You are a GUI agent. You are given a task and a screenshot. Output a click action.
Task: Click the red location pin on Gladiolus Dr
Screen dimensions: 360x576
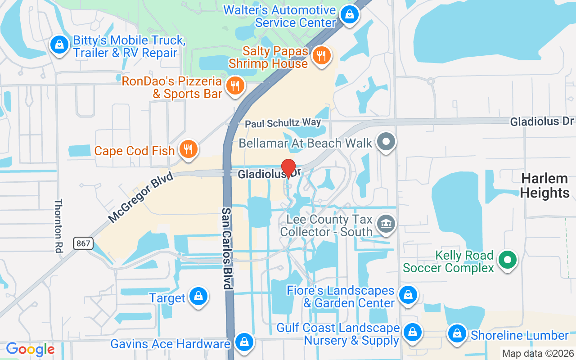click(288, 168)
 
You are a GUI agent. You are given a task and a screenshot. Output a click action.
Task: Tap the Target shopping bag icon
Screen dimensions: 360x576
click(198, 296)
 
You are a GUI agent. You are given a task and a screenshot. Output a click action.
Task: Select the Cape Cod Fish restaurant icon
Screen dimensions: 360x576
click(189, 148)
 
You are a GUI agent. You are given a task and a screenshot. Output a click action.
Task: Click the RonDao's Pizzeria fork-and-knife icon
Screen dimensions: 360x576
click(234, 85)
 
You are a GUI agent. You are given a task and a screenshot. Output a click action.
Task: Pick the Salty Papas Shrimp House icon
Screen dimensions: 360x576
click(321, 56)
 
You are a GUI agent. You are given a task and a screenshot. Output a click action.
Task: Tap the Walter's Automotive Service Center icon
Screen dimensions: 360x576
click(349, 15)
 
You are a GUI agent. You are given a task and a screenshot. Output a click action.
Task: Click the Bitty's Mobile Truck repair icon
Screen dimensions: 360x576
click(59, 45)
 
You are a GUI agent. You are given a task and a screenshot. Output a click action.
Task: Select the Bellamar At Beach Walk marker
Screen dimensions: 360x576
click(386, 142)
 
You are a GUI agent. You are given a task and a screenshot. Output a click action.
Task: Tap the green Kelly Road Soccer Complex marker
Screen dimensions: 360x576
click(508, 260)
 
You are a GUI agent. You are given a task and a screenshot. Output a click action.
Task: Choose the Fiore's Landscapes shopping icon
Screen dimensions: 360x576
click(408, 295)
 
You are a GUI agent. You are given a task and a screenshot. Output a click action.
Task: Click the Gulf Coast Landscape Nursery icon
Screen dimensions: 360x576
click(412, 333)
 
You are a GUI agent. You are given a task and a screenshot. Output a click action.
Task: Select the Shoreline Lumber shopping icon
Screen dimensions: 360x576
click(457, 334)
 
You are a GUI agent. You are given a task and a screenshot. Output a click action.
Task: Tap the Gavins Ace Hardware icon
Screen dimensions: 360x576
click(244, 342)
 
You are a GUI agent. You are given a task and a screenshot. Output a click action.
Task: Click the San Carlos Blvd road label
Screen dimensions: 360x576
click(227, 248)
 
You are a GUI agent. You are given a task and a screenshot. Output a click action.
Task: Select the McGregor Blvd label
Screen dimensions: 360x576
click(140, 198)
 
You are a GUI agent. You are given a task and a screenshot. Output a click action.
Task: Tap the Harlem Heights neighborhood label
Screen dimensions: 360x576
click(544, 186)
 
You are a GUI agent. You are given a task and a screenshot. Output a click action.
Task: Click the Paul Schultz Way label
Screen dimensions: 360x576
click(283, 123)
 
